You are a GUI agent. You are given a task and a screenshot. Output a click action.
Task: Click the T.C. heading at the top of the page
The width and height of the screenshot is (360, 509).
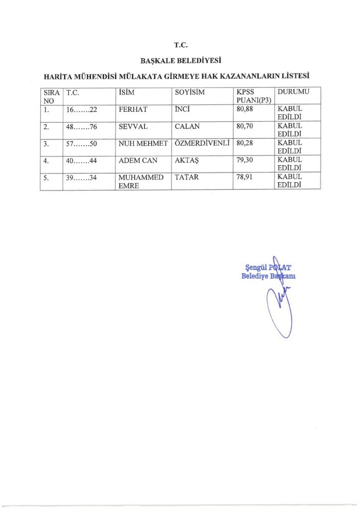180,45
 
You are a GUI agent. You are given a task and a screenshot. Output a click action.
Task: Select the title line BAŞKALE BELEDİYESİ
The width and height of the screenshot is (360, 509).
180,61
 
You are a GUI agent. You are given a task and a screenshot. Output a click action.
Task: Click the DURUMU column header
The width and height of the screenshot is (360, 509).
293,92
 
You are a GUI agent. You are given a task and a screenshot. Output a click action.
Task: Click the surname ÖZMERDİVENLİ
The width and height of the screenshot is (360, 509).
202,143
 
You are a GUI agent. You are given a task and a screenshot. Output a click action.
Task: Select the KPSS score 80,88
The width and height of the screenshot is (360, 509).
246,109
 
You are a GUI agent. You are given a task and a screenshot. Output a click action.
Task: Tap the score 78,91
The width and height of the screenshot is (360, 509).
246,177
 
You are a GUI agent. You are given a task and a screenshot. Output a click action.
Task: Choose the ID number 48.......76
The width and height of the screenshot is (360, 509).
81,126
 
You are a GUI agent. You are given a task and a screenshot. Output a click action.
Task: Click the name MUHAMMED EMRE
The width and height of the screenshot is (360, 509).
141,181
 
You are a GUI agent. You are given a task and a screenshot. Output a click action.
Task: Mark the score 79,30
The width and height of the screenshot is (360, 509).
246,160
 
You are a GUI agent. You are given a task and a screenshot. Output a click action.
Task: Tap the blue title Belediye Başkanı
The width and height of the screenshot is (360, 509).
269,276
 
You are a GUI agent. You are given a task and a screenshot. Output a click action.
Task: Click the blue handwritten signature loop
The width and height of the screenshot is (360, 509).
276,313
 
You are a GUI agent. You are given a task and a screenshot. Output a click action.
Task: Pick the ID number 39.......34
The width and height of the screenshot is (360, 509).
81,177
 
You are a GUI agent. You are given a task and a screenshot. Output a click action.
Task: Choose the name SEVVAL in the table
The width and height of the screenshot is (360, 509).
133,126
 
